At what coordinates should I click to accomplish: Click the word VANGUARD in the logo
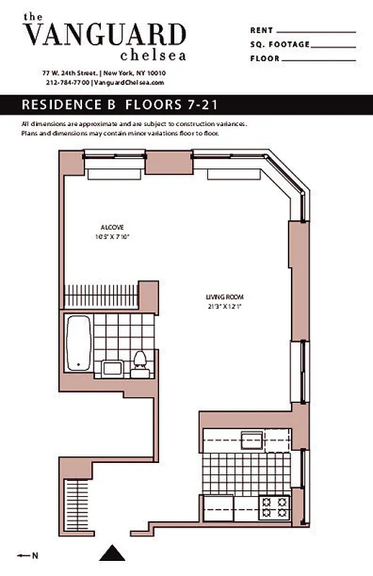coord(104,35)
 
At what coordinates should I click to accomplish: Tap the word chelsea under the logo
coord(153,55)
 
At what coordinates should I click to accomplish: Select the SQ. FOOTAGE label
coord(279,45)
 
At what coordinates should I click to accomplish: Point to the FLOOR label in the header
coord(266,58)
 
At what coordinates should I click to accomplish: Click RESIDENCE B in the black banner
coord(69,104)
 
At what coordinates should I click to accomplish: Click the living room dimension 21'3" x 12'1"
coord(218,306)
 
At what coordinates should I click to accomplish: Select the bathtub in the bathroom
coord(78,343)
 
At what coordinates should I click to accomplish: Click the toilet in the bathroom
coord(141,363)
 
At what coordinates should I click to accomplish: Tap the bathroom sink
coord(112,368)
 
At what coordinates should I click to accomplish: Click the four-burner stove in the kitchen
coord(274,507)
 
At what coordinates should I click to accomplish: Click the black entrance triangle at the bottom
coord(112,553)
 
